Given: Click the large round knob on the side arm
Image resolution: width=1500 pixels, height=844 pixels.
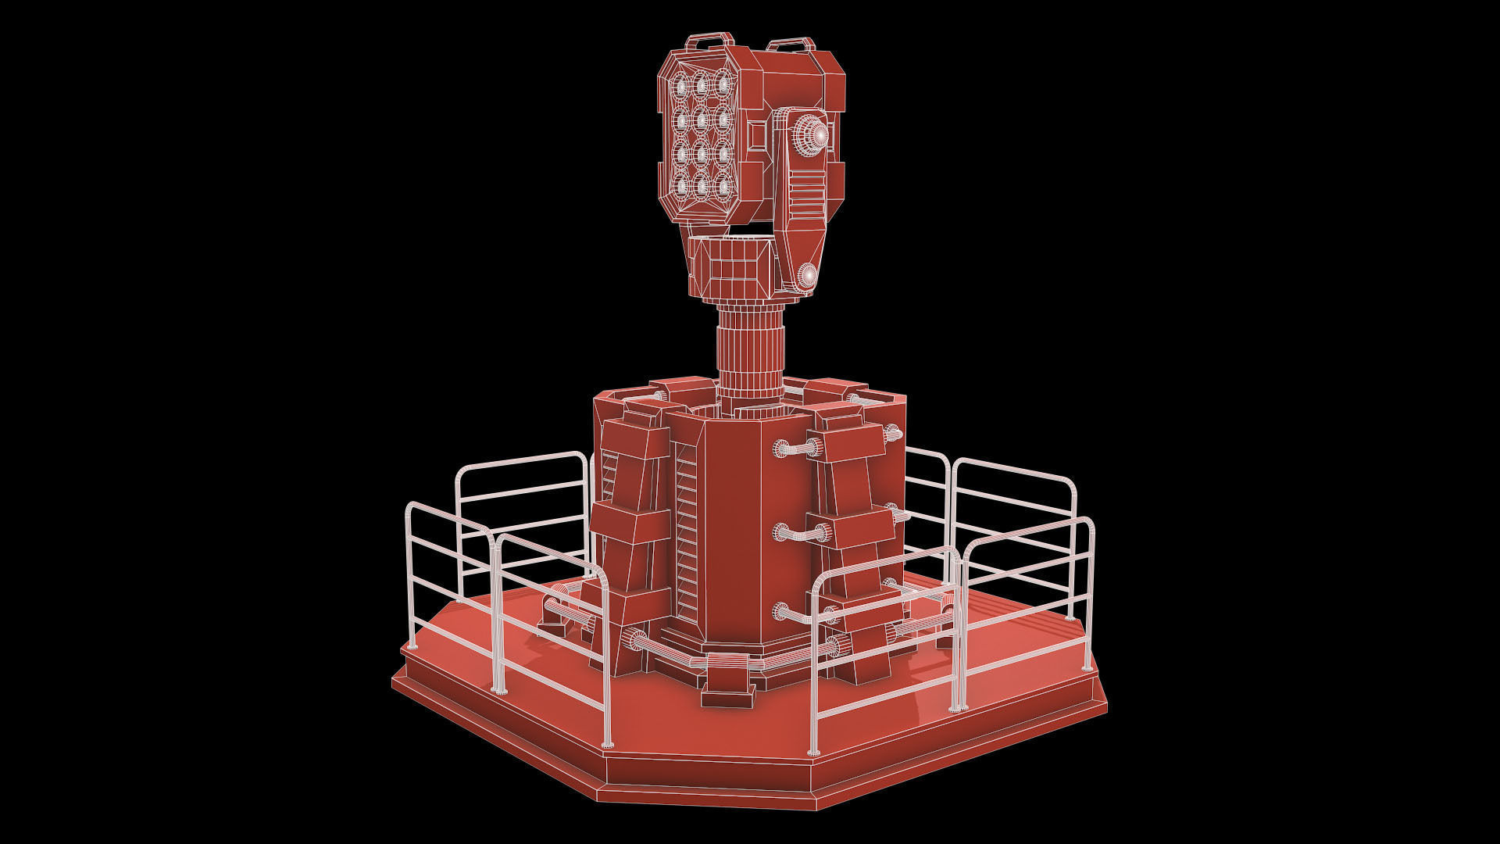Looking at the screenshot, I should [812, 131].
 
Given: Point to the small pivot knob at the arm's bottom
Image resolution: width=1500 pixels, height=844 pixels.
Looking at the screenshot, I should [807, 274].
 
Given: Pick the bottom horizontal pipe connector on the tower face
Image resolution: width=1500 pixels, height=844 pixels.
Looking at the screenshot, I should [797, 613].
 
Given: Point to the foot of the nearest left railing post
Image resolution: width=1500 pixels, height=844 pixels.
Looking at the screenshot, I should [607, 743].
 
